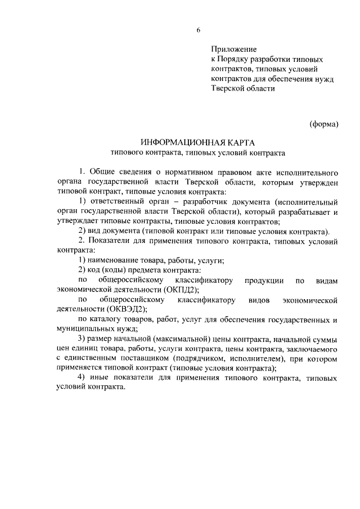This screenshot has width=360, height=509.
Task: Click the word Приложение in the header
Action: coord(233,49)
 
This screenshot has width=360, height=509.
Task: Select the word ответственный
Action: coord(112,201)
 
